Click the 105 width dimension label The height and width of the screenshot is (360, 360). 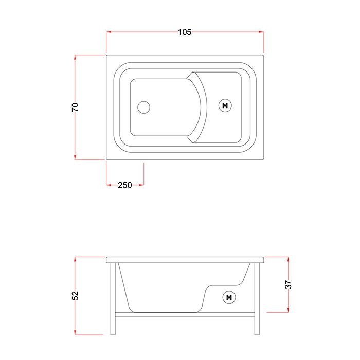185,32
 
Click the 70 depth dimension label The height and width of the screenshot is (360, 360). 75,107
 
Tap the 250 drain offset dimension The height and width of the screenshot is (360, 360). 125,185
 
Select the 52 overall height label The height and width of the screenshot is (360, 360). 75,296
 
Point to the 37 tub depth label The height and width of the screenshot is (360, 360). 288,284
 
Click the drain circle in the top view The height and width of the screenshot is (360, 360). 143,107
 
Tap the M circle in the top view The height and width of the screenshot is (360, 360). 225,105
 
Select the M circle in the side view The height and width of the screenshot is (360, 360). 229,298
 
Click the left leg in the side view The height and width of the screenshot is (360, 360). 113,299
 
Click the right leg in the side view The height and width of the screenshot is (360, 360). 257,299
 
